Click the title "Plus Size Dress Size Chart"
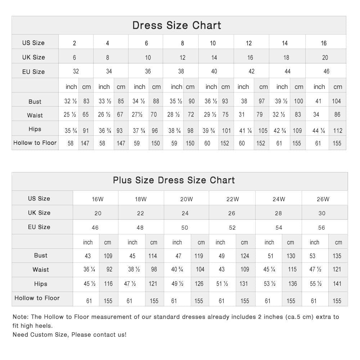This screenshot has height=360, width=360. tap(174, 180)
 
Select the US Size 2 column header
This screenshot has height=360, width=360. tap(75, 43)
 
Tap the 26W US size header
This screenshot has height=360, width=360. tap(323, 199)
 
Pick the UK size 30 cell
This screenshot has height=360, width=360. tap(322, 213)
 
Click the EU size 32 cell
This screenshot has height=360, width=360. tap(76, 71)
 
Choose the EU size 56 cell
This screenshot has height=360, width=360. tap(321, 228)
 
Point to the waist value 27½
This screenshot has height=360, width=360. tap(138, 115)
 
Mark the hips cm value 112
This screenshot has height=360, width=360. tap(338, 131)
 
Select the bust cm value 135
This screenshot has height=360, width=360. tap(337, 256)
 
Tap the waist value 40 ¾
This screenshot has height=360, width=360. tap(177, 270)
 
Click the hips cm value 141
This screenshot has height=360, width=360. tap(337, 284)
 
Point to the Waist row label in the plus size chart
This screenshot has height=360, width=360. tap(41, 270)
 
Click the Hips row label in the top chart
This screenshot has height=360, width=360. tap(35, 129)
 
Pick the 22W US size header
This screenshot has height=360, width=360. tap(233, 199)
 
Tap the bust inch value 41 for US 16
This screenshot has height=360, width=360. tap(318, 101)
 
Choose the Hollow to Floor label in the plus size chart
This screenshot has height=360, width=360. tap(37, 298)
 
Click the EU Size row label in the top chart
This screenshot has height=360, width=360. tap(33, 72)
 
